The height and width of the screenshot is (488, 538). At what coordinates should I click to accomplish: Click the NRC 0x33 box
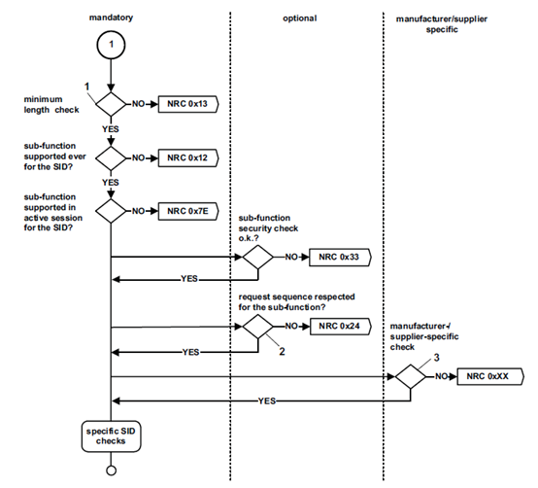pyautogui.click(x=337, y=258)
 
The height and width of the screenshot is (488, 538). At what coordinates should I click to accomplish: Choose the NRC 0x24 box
pyautogui.click(x=337, y=328)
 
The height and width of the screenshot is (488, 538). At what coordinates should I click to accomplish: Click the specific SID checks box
pyautogui.click(x=113, y=435)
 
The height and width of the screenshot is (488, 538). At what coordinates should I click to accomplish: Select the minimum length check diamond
pyautogui.click(x=113, y=102)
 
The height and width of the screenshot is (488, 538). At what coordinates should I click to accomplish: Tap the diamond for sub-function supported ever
pyautogui.click(x=113, y=156)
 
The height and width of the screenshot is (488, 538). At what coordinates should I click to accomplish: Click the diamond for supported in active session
pyautogui.click(x=113, y=208)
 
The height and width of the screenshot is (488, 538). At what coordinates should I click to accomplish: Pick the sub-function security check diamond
pyautogui.click(x=257, y=258)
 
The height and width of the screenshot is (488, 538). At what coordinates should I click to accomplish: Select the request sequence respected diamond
pyautogui.click(x=257, y=328)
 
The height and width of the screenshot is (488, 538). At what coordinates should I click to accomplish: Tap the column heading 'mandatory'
pyautogui.click(x=113, y=17)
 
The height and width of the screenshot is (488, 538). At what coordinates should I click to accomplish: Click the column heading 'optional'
pyautogui.click(x=302, y=17)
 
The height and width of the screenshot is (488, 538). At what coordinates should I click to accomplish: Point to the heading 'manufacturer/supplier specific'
pyautogui.click(x=454, y=23)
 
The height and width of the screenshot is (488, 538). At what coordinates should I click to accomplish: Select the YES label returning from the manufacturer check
pyautogui.click(x=264, y=400)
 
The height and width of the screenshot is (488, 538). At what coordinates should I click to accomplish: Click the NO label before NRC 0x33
pyautogui.click(x=291, y=258)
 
